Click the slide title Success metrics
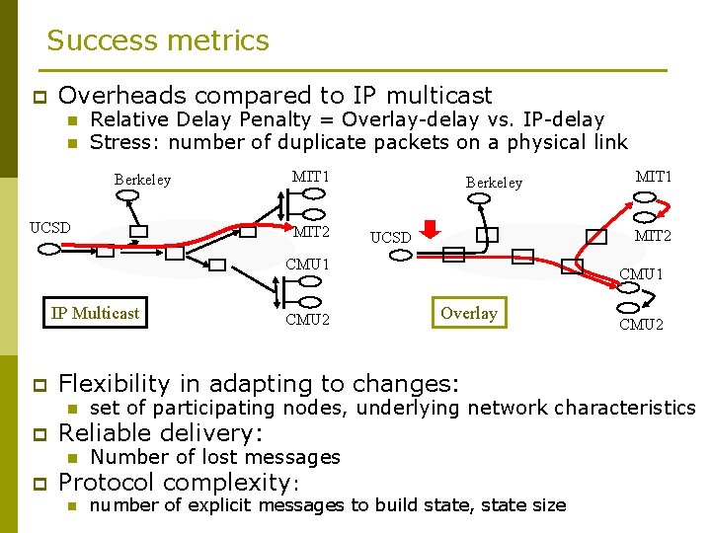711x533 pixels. (x=158, y=40)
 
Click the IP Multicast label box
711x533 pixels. (x=95, y=313)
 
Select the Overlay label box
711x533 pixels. (x=469, y=313)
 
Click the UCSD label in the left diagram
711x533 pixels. (x=50, y=227)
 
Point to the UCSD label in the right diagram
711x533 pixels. (x=390, y=237)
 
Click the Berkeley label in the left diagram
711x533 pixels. (x=142, y=180)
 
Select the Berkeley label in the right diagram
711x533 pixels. (x=494, y=183)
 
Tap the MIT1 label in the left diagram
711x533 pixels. (x=310, y=177)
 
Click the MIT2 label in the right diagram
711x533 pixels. (x=653, y=236)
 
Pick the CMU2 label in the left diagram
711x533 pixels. (x=307, y=319)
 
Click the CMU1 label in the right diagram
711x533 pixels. (x=641, y=273)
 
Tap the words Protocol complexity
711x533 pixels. (x=174, y=483)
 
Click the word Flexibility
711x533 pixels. (x=115, y=384)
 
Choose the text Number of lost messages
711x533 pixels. (x=214, y=457)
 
